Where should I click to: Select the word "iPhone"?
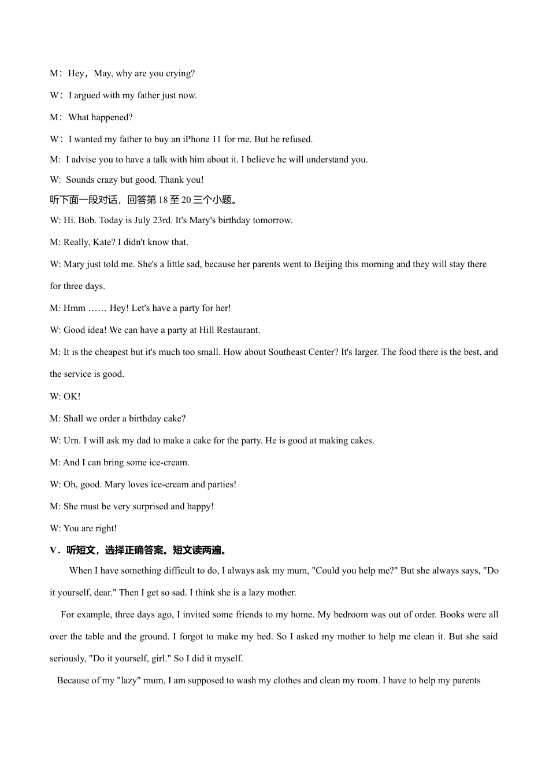196,139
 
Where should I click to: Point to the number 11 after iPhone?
217,139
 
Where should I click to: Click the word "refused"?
297,139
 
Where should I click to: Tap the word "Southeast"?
287,352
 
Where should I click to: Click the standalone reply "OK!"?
72,397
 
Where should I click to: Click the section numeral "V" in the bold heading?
53,550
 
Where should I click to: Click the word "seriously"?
67,658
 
